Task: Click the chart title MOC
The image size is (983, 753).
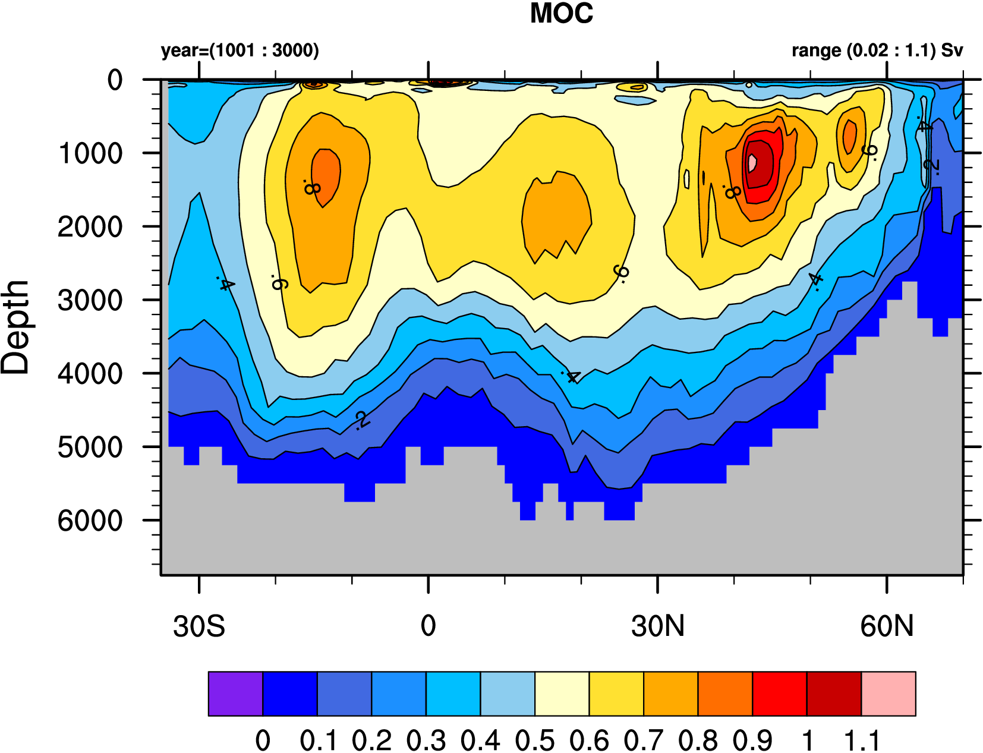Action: point(561,14)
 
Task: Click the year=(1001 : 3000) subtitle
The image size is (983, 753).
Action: point(240,51)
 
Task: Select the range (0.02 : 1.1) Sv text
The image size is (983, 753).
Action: point(877,51)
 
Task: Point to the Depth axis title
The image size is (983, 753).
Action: point(15,327)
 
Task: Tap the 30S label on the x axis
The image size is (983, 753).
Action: point(199,626)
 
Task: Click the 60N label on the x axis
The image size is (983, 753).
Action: point(887,626)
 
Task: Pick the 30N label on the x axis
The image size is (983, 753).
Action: point(658,626)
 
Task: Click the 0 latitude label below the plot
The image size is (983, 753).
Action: point(428,626)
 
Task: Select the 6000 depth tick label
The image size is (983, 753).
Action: point(90,521)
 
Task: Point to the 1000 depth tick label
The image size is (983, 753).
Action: point(90,154)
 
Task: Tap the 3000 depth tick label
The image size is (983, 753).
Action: point(90,301)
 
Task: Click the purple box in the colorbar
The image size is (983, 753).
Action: point(235,694)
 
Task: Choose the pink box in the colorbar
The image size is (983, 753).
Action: point(889,694)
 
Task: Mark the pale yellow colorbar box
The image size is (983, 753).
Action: point(562,694)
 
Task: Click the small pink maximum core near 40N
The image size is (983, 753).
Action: point(752,162)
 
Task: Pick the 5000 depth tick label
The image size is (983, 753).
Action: point(90,448)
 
